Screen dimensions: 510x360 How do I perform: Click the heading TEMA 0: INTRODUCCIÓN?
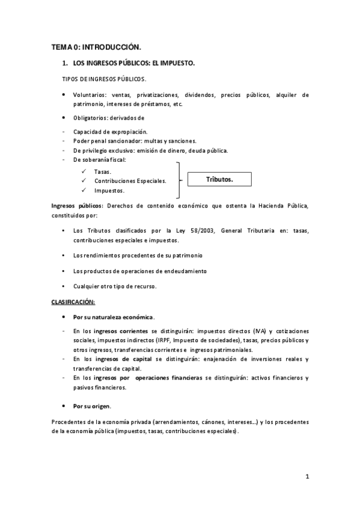pos(96,46)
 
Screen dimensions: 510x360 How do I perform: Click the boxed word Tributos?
pos(219,180)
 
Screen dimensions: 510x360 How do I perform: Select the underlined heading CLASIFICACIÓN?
pos(73,301)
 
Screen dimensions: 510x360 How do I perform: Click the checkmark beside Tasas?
pos(84,171)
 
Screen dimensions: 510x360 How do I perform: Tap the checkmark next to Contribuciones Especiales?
pos(84,180)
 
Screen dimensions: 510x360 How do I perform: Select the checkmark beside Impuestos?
pos(84,190)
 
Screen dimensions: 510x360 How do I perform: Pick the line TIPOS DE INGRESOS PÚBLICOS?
pos(103,79)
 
